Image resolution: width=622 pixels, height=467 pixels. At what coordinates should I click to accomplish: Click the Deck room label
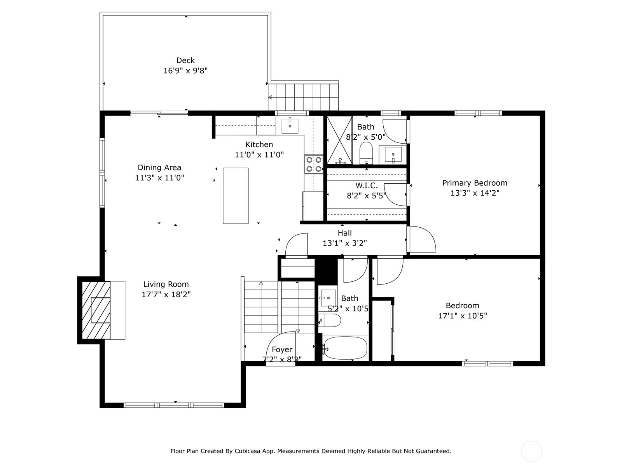point(185,60)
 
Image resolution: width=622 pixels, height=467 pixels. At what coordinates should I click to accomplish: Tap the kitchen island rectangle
point(236,196)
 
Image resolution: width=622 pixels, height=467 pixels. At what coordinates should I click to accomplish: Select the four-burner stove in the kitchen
point(313,164)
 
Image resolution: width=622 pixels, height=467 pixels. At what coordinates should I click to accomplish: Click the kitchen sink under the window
point(290,125)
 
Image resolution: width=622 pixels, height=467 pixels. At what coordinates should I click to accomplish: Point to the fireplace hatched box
point(96,310)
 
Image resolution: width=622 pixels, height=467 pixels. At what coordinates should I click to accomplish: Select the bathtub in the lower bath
point(345,348)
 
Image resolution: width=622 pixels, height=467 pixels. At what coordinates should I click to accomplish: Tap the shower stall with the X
point(339,140)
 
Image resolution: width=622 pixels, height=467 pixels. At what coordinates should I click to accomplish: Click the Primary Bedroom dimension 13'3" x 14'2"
point(475,193)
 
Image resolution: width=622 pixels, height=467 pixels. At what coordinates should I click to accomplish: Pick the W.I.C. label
point(366,186)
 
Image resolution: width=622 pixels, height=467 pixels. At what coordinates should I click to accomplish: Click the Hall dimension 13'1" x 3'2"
point(344,243)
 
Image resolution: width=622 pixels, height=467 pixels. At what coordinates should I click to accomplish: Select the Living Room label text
point(166,284)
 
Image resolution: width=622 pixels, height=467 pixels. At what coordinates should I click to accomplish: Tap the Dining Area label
point(159,168)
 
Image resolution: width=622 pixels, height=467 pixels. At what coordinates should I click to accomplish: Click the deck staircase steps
point(303,97)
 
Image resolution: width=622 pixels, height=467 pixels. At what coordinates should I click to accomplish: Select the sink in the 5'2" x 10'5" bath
point(328,298)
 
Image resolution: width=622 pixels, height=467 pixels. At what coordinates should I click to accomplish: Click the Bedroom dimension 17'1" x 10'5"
point(462,316)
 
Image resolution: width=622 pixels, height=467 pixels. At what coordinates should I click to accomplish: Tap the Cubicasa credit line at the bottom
point(311,451)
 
